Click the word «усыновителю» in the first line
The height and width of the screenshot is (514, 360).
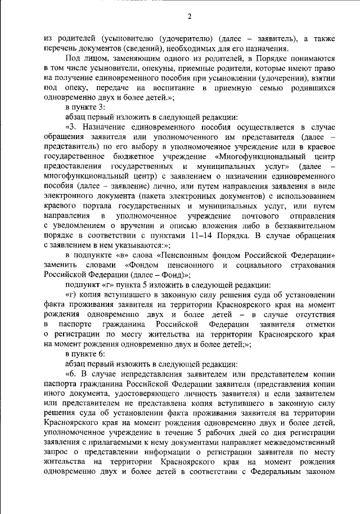pyautogui.click(x=124, y=38)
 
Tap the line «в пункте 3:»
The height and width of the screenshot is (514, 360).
pyautogui.click(x=84, y=108)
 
